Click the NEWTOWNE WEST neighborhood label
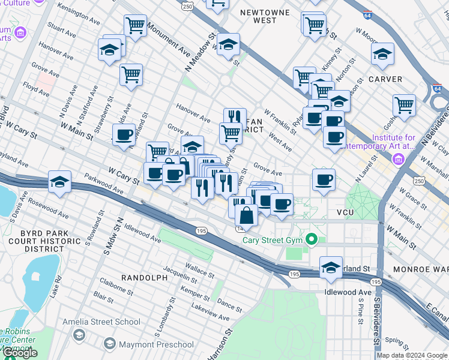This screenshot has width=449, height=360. (x=264, y=16)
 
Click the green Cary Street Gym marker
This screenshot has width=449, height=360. (x=311, y=240)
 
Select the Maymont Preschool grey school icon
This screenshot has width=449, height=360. (x=109, y=344)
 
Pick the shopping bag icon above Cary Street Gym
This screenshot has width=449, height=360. (x=246, y=214)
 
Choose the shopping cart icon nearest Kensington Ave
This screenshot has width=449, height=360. (x=136, y=26)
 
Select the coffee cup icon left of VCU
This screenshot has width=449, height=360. (x=324, y=179)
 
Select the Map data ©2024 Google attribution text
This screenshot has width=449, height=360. (x=411, y=355)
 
